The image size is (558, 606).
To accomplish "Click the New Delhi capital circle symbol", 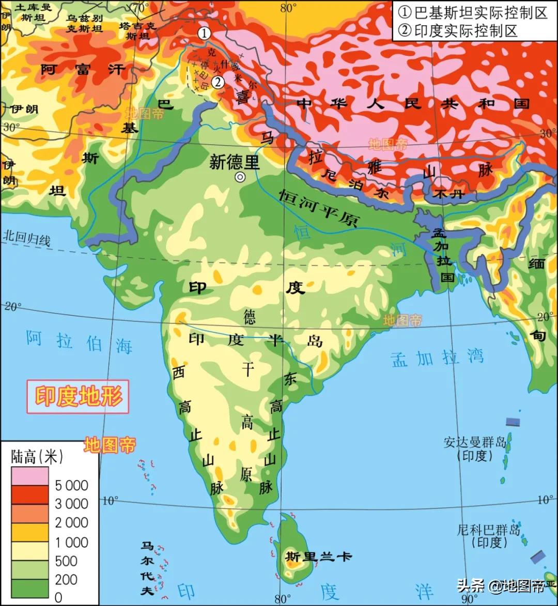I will (x=240, y=177).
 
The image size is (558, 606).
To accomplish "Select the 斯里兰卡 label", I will (x=318, y=556).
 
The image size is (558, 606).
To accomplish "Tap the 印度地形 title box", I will (x=79, y=397).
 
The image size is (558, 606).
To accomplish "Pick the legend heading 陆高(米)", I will (x=37, y=456).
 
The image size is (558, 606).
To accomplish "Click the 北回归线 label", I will (x=27, y=239).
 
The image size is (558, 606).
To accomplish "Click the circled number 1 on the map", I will (x=205, y=34).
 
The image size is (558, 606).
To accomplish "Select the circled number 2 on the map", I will (x=218, y=82).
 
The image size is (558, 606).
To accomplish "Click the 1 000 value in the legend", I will (x=72, y=542).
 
